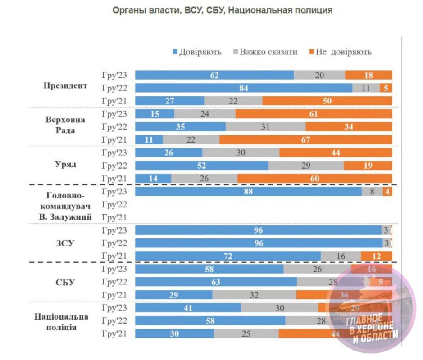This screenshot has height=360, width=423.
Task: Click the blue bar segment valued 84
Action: click(x=244, y=88)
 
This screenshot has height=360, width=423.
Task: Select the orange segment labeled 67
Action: click(x=305, y=140)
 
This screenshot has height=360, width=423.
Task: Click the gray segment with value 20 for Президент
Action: click(x=319, y=75)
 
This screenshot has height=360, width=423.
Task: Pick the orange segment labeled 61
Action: click(x=314, y=114)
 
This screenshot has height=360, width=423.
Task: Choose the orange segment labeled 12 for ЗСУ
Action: click(x=377, y=256)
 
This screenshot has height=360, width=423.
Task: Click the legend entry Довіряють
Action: click(x=197, y=52)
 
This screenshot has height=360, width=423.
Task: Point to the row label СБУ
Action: click(x=65, y=283)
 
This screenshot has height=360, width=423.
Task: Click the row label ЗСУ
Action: click(x=65, y=243)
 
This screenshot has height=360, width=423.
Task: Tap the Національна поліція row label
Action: click(x=61, y=322)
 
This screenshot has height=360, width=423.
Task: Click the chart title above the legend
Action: click(x=223, y=11)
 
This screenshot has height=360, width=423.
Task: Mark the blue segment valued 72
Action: click(x=228, y=256)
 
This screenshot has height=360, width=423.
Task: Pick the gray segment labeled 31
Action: click(x=265, y=127)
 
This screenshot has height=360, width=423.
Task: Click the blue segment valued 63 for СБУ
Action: click(x=216, y=282)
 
